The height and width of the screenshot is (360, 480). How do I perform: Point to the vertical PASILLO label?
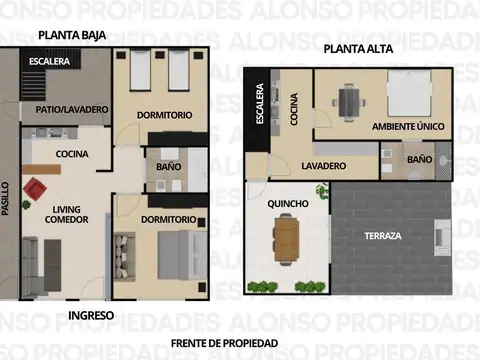tap(6, 198)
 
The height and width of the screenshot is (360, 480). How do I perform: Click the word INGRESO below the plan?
tap(90, 315)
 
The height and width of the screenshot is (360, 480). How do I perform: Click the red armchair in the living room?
tap(37, 187)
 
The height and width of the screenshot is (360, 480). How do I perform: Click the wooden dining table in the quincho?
tap(286, 238)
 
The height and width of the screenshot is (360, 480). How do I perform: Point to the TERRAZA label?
tap(383, 236)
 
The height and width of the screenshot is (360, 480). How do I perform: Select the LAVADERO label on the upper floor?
tap(323, 165)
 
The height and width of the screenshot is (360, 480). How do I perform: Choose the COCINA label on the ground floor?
tap(71, 154)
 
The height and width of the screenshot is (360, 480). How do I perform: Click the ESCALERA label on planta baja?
tap(49, 62)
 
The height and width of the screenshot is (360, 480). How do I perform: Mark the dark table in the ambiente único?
tap(349, 101)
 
